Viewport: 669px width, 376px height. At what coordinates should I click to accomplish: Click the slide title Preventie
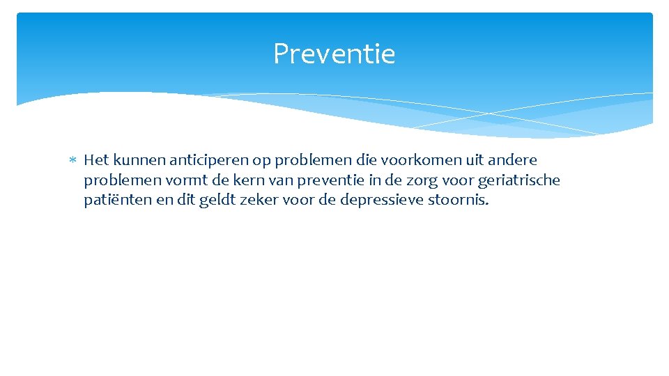[x=334, y=54]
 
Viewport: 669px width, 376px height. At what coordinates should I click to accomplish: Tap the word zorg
[x=425, y=181]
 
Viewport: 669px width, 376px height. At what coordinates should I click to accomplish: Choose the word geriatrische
[x=519, y=181]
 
